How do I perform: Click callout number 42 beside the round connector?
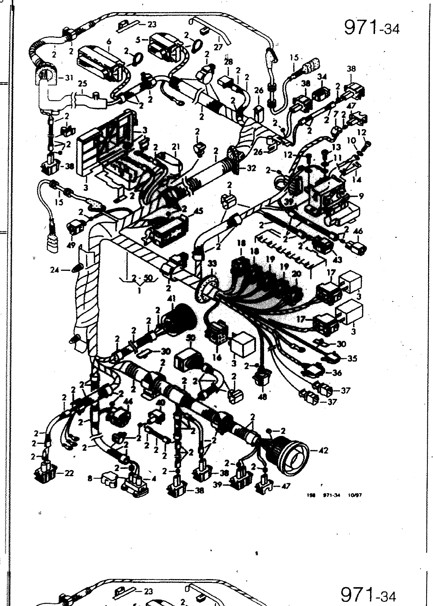[x=323, y=451]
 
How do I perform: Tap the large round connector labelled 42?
[x=292, y=454]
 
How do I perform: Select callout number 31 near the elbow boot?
[x=69, y=78]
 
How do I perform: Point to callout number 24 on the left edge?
[x=55, y=270]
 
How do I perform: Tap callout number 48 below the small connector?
[x=263, y=397]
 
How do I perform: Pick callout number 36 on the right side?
[x=337, y=373]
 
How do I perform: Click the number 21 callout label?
[x=175, y=147]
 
